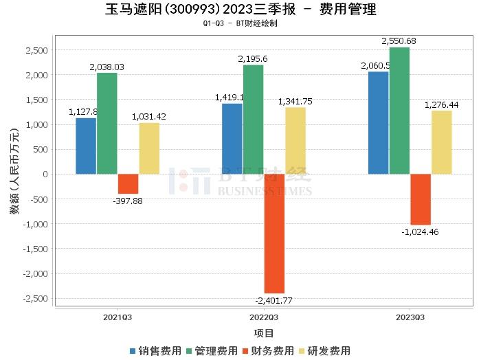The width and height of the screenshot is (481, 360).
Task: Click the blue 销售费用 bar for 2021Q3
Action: [86, 146]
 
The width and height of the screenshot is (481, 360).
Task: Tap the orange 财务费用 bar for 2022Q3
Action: [274, 234]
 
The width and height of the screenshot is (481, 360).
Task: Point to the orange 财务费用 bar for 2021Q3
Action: [128, 183]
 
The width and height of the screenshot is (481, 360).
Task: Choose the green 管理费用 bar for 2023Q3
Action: [399, 111]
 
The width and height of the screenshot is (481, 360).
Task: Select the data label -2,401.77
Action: [275, 300]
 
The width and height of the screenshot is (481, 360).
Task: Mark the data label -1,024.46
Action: [420, 232]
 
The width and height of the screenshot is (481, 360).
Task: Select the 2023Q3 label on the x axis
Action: [410, 317]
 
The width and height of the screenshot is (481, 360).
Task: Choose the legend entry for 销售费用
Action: [156, 351]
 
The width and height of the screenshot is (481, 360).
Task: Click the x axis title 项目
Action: [264, 334]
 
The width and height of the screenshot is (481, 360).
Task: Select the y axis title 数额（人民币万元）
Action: [14, 175]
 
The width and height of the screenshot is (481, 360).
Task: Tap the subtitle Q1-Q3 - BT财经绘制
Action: [240, 23]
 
